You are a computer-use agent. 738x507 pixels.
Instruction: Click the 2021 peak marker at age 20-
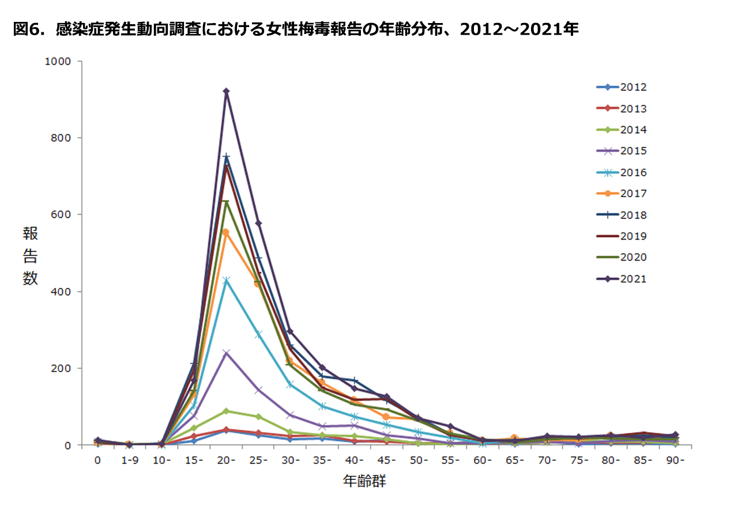[226, 91]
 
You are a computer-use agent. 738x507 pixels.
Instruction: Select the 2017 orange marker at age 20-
[226, 232]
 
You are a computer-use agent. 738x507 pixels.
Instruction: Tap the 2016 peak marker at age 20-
[226, 281]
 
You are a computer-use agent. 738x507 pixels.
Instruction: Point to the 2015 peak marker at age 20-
[226, 353]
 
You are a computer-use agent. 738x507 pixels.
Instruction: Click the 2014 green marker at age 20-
[226, 411]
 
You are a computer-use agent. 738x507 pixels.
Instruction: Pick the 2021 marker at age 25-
[258, 223]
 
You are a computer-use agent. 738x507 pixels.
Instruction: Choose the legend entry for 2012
[622, 88]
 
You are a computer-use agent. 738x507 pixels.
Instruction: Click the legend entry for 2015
[622, 151]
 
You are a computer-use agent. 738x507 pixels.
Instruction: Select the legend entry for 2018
[622, 215]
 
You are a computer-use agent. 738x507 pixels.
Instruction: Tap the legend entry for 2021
[622, 279]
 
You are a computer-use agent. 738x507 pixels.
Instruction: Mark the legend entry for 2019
[622, 236]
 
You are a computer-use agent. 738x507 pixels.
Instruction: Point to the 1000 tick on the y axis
[59, 61]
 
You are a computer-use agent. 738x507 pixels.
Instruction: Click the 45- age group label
[387, 460]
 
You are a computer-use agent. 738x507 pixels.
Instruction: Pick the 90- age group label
[675, 460]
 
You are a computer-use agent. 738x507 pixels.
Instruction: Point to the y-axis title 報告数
[30, 255]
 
